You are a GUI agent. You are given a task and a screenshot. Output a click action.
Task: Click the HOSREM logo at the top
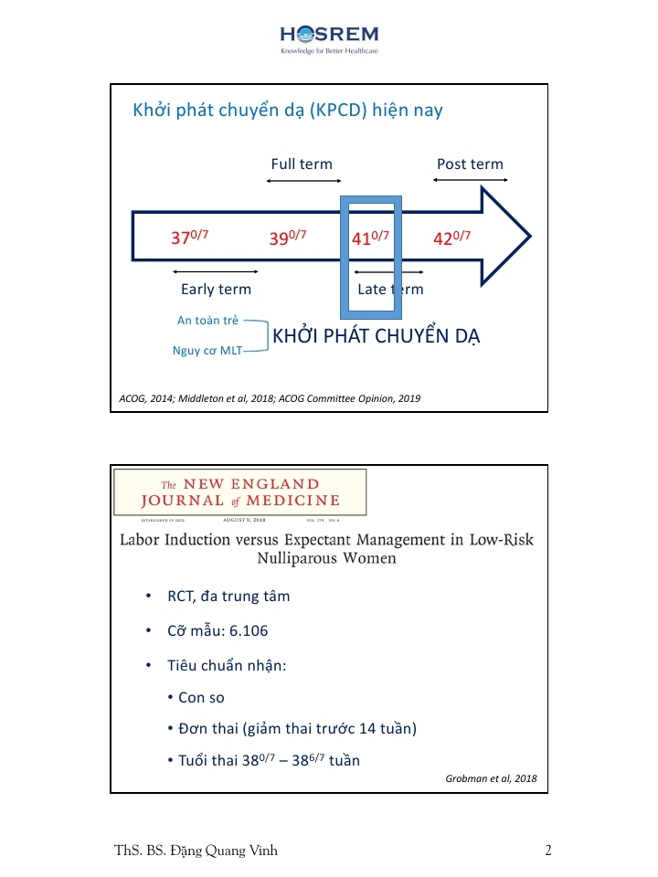(x=329, y=38)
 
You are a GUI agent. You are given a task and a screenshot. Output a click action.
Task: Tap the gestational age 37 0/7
(x=190, y=238)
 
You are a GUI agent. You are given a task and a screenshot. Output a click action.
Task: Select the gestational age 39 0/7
(x=287, y=238)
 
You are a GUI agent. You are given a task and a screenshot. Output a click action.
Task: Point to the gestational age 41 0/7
(x=370, y=238)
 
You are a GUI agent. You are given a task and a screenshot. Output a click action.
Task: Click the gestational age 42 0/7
(x=451, y=238)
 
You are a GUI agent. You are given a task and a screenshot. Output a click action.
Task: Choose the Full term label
(x=302, y=164)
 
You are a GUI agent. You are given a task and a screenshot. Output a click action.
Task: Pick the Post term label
(x=470, y=164)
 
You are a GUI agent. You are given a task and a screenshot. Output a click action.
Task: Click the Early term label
(x=216, y=290)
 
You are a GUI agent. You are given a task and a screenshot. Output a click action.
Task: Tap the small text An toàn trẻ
(x=207, y=321)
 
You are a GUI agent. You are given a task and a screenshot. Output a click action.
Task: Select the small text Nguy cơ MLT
(x=207, y=350)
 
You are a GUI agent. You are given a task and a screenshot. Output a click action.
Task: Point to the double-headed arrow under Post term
(x=470, y=180)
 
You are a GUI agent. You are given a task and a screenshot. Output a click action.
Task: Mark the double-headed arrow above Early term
(x=215, y=271)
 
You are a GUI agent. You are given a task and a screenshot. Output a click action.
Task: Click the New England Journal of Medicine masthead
(x=239, y=491)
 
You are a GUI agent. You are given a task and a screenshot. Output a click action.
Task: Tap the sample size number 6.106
(x=245, y=631)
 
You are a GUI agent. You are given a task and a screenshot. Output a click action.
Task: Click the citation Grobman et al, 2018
(x=491, y=778)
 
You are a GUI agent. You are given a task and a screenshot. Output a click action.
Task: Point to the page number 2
(x=548, y=851)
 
